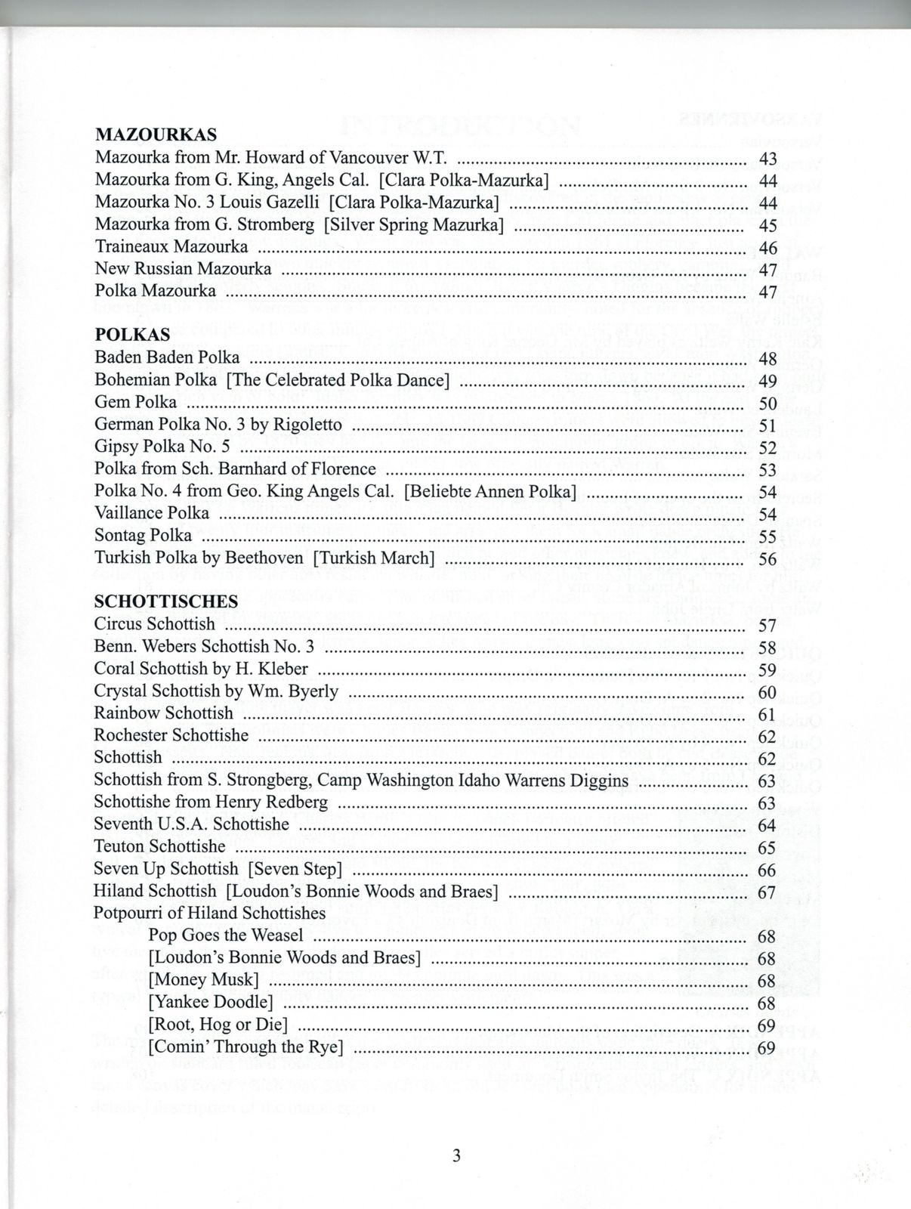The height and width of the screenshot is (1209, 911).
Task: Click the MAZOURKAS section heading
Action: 156,135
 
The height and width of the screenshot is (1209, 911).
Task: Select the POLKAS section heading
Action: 132,334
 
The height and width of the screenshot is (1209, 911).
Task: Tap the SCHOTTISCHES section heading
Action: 165,601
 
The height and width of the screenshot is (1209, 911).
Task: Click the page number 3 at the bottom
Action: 456,1155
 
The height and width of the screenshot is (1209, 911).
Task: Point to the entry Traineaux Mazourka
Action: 171,246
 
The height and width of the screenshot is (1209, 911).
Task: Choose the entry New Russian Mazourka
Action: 183,268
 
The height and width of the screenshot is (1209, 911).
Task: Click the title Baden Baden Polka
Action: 167,357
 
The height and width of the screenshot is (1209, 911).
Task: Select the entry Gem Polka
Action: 136,401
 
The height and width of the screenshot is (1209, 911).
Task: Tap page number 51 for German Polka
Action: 767,425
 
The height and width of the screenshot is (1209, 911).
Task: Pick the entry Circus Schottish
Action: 155,624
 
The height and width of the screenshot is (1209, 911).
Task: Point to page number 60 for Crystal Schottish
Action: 767,691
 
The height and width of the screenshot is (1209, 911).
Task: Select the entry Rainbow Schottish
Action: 164,713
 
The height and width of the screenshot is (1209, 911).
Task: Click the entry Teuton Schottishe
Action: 159,846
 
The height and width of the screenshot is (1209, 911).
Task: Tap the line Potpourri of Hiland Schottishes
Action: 209,913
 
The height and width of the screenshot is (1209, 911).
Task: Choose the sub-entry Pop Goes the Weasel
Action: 226,935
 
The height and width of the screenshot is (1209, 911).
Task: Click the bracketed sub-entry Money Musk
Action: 204,980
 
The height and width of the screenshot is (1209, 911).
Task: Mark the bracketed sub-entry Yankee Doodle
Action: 211,1002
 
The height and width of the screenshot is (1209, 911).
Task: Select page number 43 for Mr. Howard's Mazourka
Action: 767,158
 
